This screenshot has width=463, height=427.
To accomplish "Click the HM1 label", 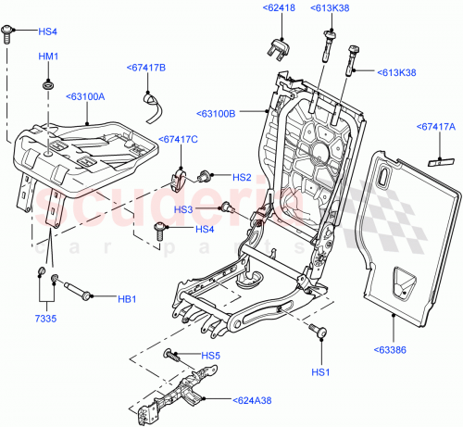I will coord(48,57).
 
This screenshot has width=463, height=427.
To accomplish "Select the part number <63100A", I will coord(85,94).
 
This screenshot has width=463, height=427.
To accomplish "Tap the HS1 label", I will coord(321,371).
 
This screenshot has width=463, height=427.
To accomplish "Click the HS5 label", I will coord(211,355).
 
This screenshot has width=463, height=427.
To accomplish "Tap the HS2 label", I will coord(241,177).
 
